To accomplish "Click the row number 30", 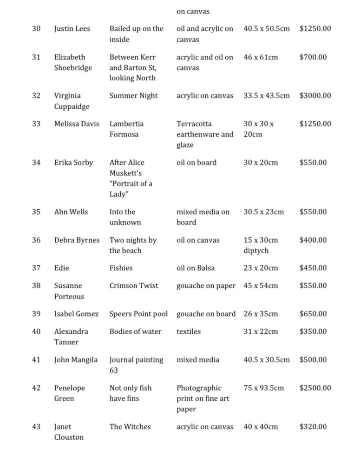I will point(36,29).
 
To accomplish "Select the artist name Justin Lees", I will point(72,29).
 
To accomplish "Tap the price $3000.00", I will point(315,96).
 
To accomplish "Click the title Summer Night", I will point(133,96).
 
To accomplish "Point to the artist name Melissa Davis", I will point(77,124).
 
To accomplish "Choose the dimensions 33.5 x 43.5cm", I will point(266,96).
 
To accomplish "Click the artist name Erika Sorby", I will point(73,163).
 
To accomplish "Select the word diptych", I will point(256,251).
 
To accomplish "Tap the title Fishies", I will point(121,268).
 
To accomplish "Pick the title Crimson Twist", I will point(134,286).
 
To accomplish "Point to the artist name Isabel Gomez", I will point(76,314).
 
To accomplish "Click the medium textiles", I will point(189,331).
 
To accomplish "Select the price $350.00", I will point(313,331).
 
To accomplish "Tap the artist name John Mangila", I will point(76,360).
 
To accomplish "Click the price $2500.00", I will point(315,388).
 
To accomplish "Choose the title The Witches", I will point(130,427).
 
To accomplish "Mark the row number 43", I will point(36,427).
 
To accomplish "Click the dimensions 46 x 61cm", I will point(261,57).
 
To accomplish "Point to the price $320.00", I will point(313,427).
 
